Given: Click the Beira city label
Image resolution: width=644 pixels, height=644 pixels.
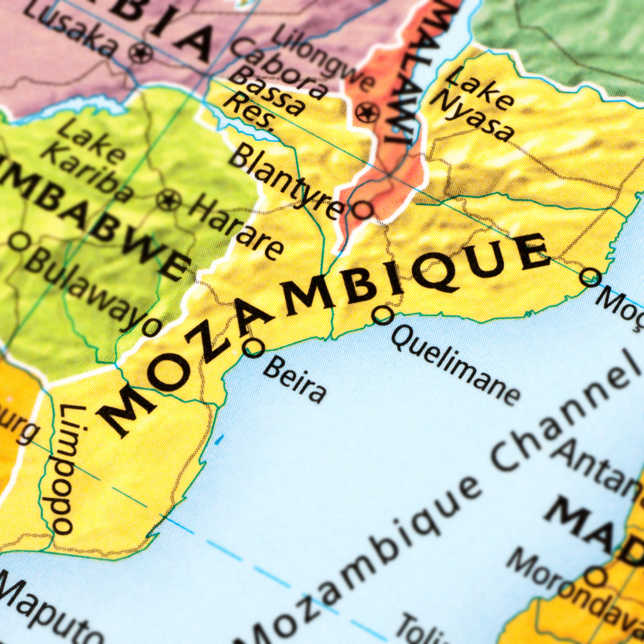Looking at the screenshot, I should (294, 379).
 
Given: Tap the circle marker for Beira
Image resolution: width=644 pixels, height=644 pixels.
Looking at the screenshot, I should (253, 347).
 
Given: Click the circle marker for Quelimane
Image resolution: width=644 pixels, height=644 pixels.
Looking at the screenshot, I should (382, 314).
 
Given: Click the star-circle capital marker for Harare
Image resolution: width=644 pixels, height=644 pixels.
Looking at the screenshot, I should (169, 201).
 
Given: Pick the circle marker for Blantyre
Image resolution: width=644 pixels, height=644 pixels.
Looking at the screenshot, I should (362, 209).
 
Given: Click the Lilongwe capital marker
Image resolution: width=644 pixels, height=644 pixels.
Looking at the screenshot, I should (367, 113).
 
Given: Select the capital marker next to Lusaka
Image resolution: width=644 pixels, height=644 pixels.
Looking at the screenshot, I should (140, 52).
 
